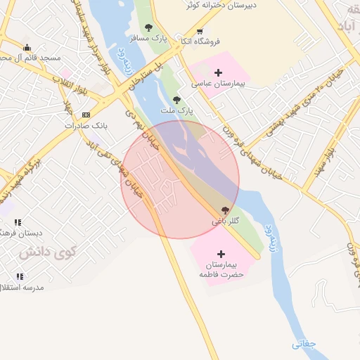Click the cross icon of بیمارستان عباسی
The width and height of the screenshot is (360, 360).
tap(218, 72)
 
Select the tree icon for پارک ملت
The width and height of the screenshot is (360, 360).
tap(176, 100)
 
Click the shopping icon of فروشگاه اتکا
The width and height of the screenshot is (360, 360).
tap(200, 31)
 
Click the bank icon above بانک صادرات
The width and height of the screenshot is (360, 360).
tap(86, 115)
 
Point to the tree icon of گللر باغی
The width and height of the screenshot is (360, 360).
tap(225, 210)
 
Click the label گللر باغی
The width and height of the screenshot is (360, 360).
tap(226, 221)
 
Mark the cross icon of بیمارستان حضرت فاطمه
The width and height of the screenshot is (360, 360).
tap(221, 254)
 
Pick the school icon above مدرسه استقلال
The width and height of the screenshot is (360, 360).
tap(18, 276)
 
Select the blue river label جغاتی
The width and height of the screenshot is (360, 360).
tap(304, 344)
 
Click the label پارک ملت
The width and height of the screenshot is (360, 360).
tap(181, 111)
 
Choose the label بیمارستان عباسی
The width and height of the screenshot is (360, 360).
tap(218, 84)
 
